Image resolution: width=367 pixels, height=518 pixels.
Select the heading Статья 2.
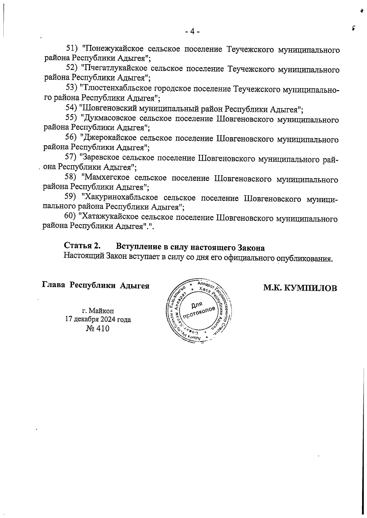[82, 246]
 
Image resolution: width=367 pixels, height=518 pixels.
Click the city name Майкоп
[102, 311]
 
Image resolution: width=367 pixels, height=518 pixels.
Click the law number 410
[102, 329]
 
